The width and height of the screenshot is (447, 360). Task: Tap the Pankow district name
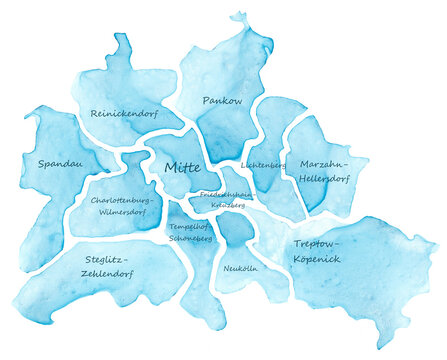(x=222, y=101)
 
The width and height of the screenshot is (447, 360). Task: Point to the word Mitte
(x=181, y=167)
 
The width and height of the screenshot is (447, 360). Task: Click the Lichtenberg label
(x=264, y=164)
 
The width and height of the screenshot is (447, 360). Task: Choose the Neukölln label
(x=242, y=269)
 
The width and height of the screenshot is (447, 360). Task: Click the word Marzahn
(x=324, y=164)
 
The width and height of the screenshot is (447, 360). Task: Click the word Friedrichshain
(x=227, y=194)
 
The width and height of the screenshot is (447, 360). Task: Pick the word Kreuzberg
(x=228, y=205)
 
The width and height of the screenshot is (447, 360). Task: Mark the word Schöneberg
(x=190, y=240)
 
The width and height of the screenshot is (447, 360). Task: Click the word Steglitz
(x=104, y=257)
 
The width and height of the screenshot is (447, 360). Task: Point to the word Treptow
(x=318, y=244)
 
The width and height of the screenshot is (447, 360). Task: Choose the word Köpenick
(x=318, y=260)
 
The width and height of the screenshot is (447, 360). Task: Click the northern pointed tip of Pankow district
(x=238, y=15)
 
